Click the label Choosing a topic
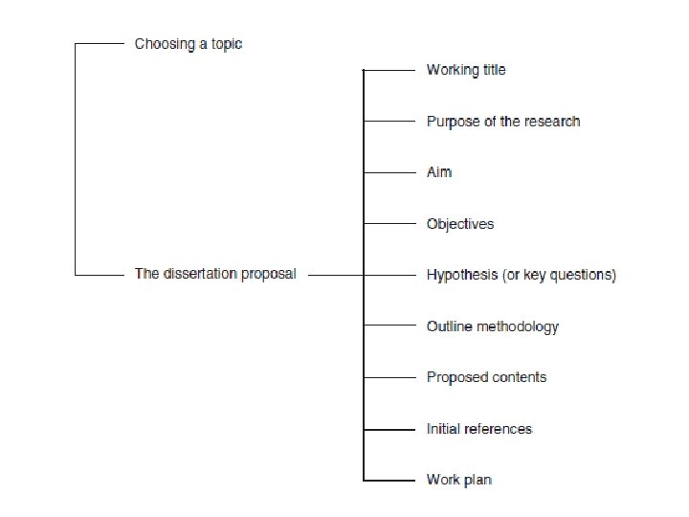pyautogui.click(x=188, y=44)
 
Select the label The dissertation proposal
pyautogui.click(x=215, y=274)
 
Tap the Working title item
pyautogui.click(x=466, y=70)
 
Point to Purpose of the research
pyautogui.click(x=503, y=122)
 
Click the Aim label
pyautogui.click(x=438, y=172)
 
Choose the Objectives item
pyautogui.click(x=460, y=224)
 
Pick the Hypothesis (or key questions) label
pyautogui.click(x=522, y=275)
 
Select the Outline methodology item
pyautogui.click(x=492, y=326)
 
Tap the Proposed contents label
pyautogui.click(x=486, y=377)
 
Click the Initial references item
pyautogui.click(x=478, y=428)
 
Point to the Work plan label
pyautogui.click(x=459, y=479)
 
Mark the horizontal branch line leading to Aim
pyautogui.click(x=388, y=172)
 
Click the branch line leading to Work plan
pyautogui.click(x=388, y=479)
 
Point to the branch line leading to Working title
pyautogui.click(x=388, y=70)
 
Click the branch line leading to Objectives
pyautogui.click(x=388, y=224)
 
